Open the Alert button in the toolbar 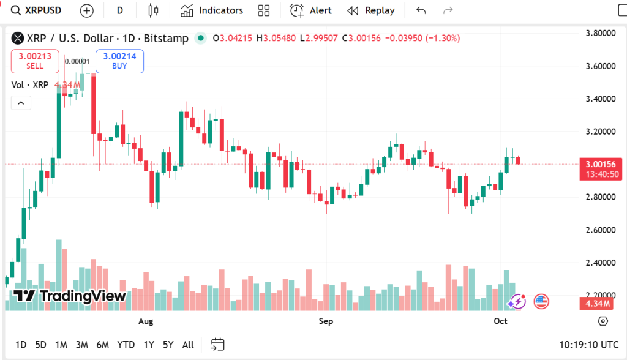(311, 10)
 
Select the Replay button (371, 10)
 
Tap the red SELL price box (35, 61)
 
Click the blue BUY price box (119, 61)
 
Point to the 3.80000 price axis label (599, 33)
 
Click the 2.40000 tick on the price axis (599, 263)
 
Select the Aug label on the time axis (146, 321)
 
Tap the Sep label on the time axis (326, 321)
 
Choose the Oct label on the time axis (500, 321)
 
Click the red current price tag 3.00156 (600, 164)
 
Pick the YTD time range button (126, 345)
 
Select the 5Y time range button (168, 345)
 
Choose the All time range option (188, 345)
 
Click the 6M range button (102, 345)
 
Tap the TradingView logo (69, 296)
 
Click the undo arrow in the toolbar (421, 10)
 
